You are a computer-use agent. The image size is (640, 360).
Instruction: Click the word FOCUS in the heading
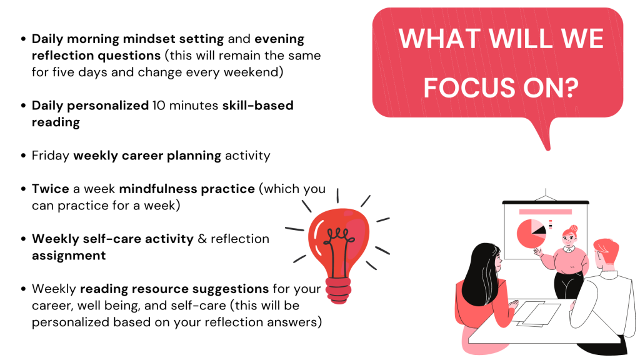(x=469, y=87)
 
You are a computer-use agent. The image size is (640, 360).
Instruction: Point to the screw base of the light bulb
(x=338, y=290)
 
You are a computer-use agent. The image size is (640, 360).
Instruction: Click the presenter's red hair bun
(x=573, y=228)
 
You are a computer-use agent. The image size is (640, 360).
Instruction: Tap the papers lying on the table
(x=536, y=314)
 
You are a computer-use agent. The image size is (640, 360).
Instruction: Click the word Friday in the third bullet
(x=51, y=156)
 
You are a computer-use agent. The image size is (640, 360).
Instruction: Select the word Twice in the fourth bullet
(x=51, y=189)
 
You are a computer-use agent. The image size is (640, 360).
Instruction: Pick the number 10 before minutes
(x=159, y=106)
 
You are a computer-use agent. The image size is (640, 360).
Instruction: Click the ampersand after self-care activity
(x=202, y=239)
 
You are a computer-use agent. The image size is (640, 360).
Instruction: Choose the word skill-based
(x=258, y=106)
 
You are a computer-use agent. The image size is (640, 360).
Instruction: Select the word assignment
(x=69, y=256)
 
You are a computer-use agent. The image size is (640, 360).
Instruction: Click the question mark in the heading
(x=570, y=87)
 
